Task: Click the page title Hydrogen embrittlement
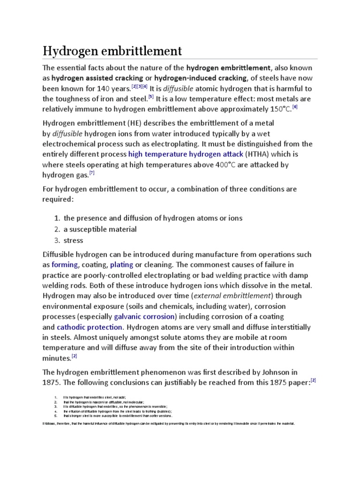coord(112,50)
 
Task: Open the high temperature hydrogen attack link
coord(186,154)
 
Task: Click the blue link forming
coord(64,265)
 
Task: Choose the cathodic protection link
coord(90,327)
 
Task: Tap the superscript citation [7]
coord(92,172)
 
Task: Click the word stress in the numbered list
coord(73,240)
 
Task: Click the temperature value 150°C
coord(276,110)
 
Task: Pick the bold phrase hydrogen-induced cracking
coord(200,78)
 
